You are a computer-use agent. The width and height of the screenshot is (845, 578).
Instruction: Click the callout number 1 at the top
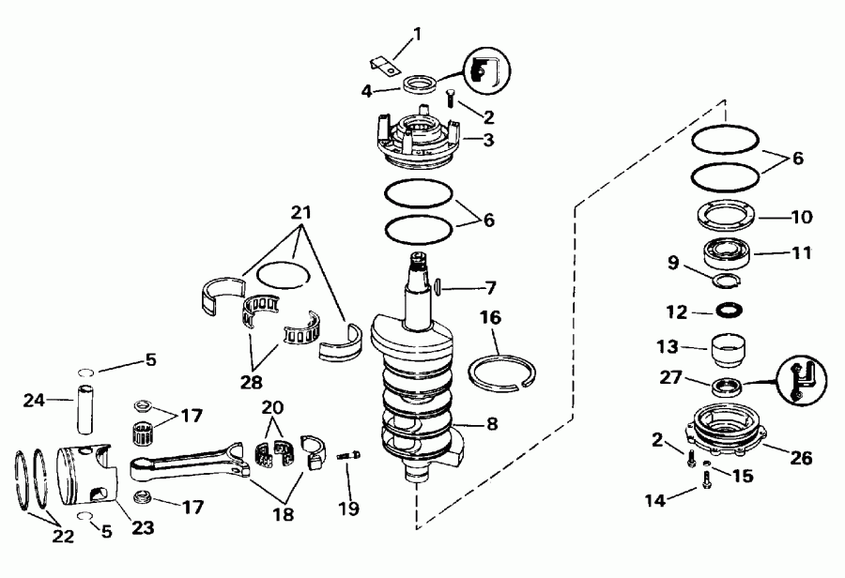(417, 35)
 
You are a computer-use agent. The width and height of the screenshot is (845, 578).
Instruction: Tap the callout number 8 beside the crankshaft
(492, 423)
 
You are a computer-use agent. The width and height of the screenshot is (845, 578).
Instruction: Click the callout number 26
(801, 458)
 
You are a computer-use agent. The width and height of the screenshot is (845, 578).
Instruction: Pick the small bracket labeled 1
(381, 67)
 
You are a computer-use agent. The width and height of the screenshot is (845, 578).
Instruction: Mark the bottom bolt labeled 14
(705, 484)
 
